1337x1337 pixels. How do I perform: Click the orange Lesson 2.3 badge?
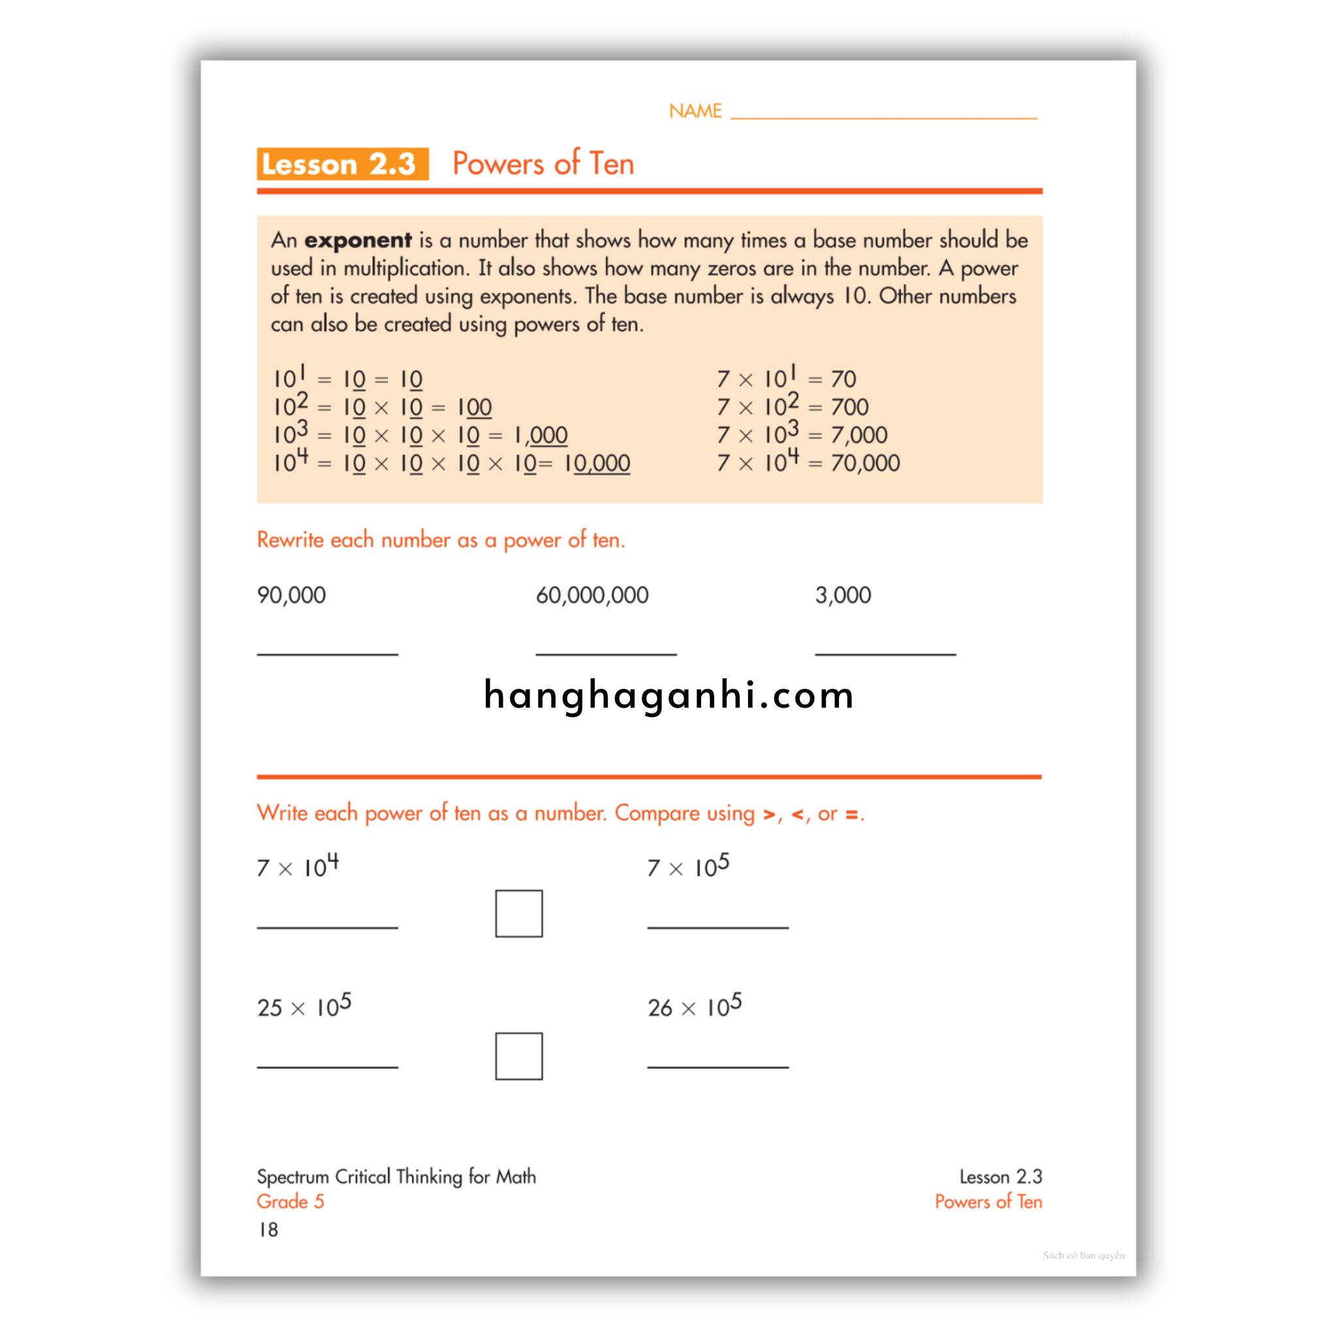pos(342,164)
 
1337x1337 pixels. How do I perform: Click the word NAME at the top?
pos(695,111)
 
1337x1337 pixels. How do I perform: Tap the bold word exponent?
pos(358,240)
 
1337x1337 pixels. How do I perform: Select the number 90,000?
pos(291,595)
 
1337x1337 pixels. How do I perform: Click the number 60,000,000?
pos(591,595)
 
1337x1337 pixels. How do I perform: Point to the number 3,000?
pos(843,595)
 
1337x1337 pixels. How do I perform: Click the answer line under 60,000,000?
pos(606,653)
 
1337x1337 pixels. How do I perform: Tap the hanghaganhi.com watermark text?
pos(668,695)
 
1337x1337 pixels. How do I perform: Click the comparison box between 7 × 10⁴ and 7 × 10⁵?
pos(518,913)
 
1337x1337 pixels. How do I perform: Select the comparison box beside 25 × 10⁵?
pos(518,1056)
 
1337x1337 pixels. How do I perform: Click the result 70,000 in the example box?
pos(865,463)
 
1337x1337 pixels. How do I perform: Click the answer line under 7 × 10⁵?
pos(717,926)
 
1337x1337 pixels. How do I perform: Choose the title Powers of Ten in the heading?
pos(543,164)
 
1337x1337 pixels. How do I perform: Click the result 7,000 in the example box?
pos(859,435)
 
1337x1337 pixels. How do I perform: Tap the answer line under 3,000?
pos(885,653)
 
